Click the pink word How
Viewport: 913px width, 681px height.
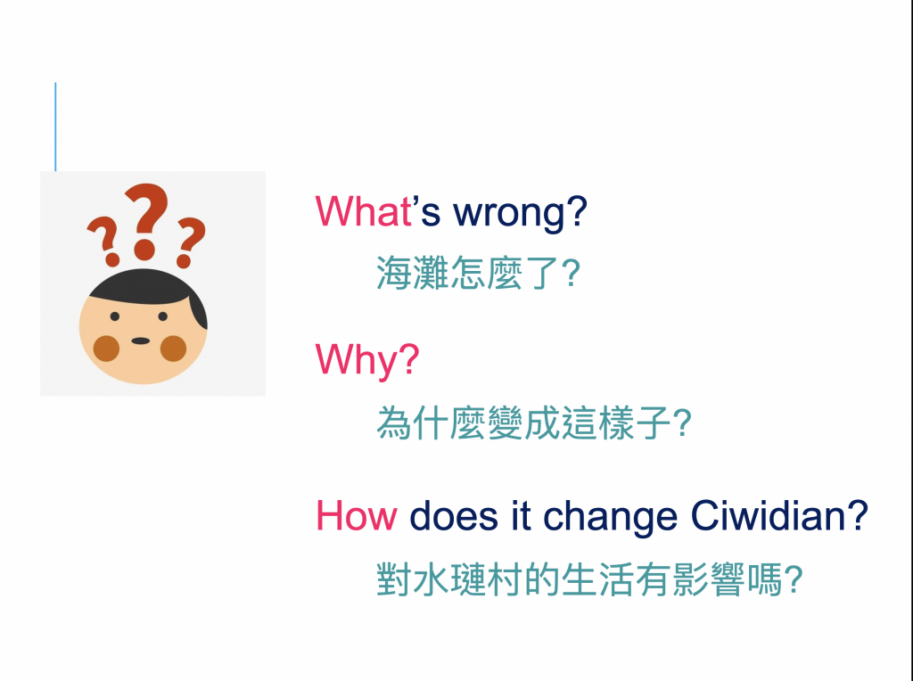point(357,516)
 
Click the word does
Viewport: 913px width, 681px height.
point(454,516)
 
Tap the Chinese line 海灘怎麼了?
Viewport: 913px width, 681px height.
point(478,273)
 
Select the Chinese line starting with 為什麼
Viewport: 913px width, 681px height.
point(534,423)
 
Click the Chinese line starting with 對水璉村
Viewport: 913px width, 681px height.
point(589,579)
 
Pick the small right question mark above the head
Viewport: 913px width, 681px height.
point(190,242)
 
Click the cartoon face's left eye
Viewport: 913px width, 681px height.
point(115,316)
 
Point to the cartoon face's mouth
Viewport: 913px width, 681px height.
point(140,340)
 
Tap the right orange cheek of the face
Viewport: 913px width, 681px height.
point(173,348)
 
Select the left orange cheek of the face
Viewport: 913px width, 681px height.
point(106,348)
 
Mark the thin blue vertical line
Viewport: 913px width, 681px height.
point(55,127)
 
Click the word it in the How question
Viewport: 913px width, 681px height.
point(521,516)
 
